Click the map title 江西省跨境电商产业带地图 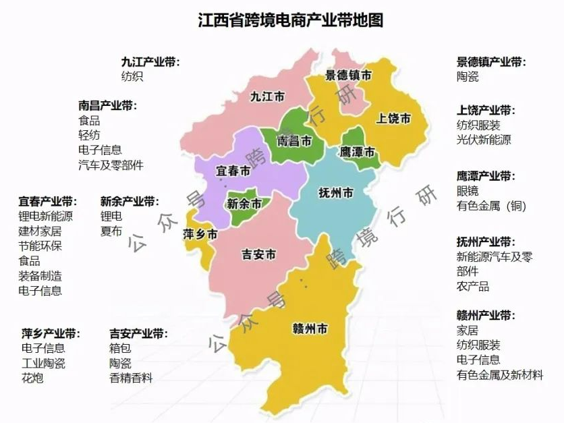pos(291,20)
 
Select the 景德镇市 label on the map pos(348,76)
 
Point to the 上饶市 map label pos(394,119)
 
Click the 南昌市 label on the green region pos(295,142)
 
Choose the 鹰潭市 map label pos(358,152)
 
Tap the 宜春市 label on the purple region pos(233,172)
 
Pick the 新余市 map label pos(244,203)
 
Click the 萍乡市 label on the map pos(200,235)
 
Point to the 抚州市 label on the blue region pos(336,194)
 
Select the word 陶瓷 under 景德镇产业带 pos(468,77)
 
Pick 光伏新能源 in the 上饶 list pos(484,140)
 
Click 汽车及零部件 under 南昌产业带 pos(111,165)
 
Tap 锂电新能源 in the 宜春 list pos(45,217)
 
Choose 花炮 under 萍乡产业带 pos(32,378)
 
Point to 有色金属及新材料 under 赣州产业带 pos(499,374)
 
